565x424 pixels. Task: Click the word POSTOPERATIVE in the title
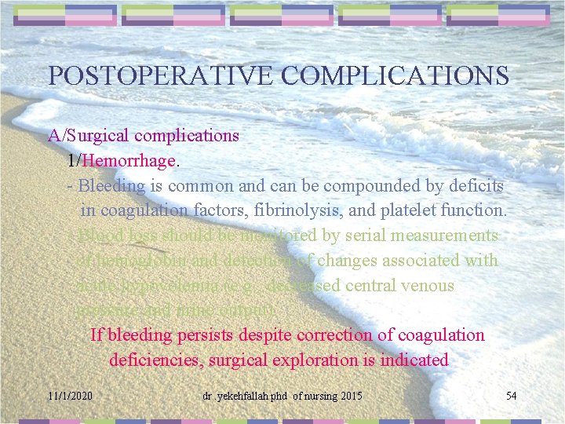[x=161, y=75]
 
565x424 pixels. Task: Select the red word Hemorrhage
[x=129, y=161]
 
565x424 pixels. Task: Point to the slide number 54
[x=511, y=395]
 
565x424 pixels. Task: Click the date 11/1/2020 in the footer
[x=70, y=396]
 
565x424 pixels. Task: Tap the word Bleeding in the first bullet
[x=112, y=186]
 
